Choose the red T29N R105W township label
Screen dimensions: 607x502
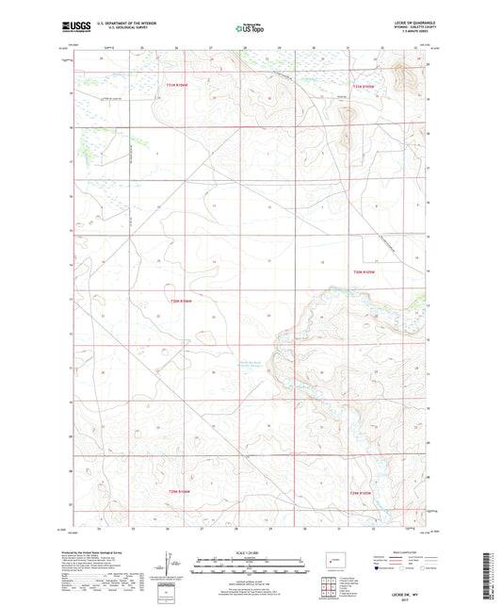[x=363, y=490]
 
